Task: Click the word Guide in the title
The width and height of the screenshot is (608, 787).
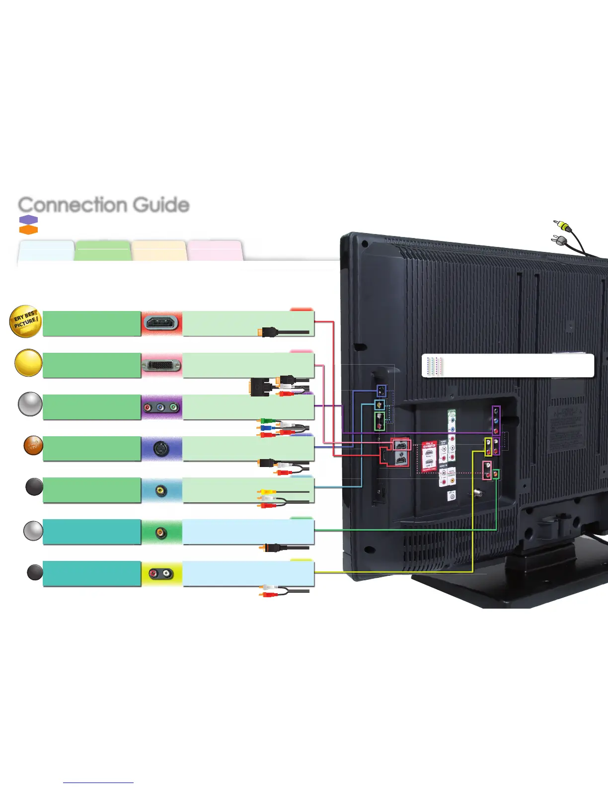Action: point(161,205)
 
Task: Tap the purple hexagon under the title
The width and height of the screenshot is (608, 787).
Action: point(28,220)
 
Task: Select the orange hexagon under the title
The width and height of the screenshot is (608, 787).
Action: point(28,230)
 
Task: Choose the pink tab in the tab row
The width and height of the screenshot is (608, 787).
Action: point(215,250)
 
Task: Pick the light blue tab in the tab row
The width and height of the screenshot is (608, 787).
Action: point(46,250)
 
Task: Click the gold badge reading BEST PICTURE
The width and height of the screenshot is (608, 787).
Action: point(25,321)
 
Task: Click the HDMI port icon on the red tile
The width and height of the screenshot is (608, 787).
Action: point(161,323)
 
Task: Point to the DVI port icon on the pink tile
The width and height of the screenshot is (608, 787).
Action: point(161,366)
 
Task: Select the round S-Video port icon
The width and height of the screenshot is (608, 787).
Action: point(161,449)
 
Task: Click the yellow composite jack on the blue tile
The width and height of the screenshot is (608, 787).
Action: point(160,491)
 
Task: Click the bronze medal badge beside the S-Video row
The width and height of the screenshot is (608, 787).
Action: point(33,446)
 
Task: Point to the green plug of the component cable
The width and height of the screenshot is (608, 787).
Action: point(267,421)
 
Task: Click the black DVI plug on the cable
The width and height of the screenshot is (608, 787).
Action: point(259,387)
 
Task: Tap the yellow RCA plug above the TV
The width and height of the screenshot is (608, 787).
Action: point(563,226)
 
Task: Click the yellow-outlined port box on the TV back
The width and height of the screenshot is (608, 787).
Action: point(489,446)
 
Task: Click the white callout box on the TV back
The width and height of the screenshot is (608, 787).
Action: point(508,366)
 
